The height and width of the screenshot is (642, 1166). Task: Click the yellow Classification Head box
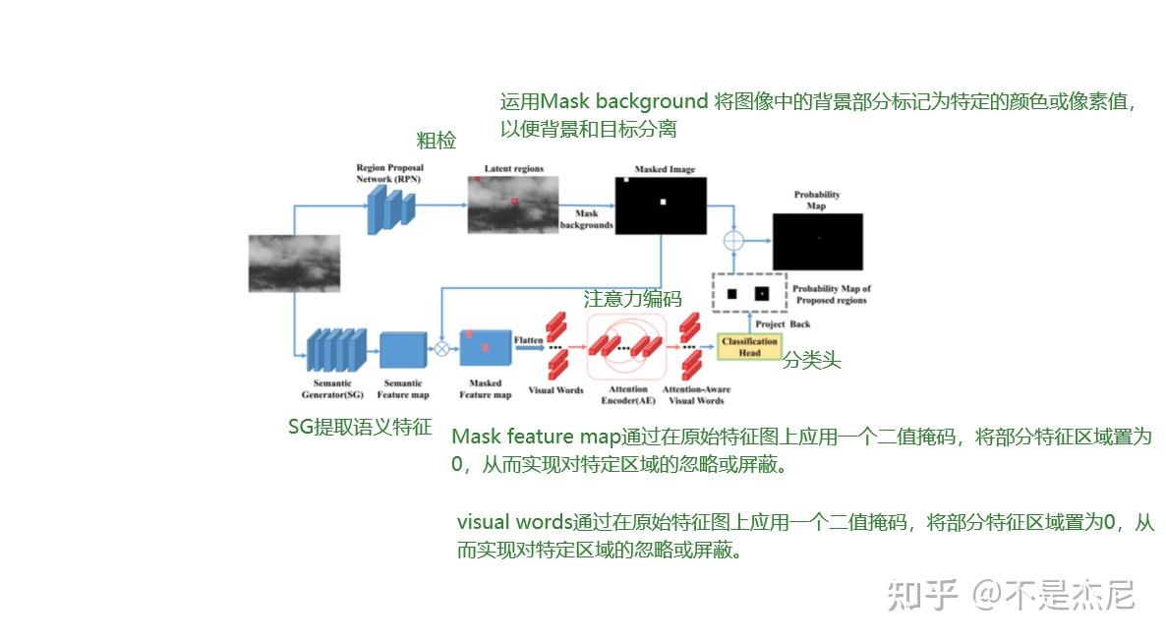tap(749, 346)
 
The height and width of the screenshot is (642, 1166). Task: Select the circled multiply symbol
tap(441, 347)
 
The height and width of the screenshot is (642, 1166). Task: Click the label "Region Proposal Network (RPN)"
tap(389, 174)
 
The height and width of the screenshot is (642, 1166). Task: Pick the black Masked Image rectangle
tap(661, 204)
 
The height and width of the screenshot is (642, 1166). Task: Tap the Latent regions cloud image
tap(512, 204)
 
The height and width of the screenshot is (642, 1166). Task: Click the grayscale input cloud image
tap(294, 263)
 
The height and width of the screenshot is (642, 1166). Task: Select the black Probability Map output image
tap(817, 241)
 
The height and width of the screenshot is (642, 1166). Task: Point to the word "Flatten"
tap(529, 340)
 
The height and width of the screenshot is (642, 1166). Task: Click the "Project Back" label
tap(783, 323)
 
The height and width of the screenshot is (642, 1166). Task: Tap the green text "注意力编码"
tap(632, 299)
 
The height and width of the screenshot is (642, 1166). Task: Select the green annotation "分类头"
tap(811, 361)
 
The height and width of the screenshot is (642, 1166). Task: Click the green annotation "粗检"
tap(436, 141)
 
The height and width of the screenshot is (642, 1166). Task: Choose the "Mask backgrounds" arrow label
tap(586, 219)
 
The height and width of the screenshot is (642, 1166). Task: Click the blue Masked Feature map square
tap(486, 349)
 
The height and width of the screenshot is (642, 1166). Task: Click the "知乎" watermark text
tap(921, 595)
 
